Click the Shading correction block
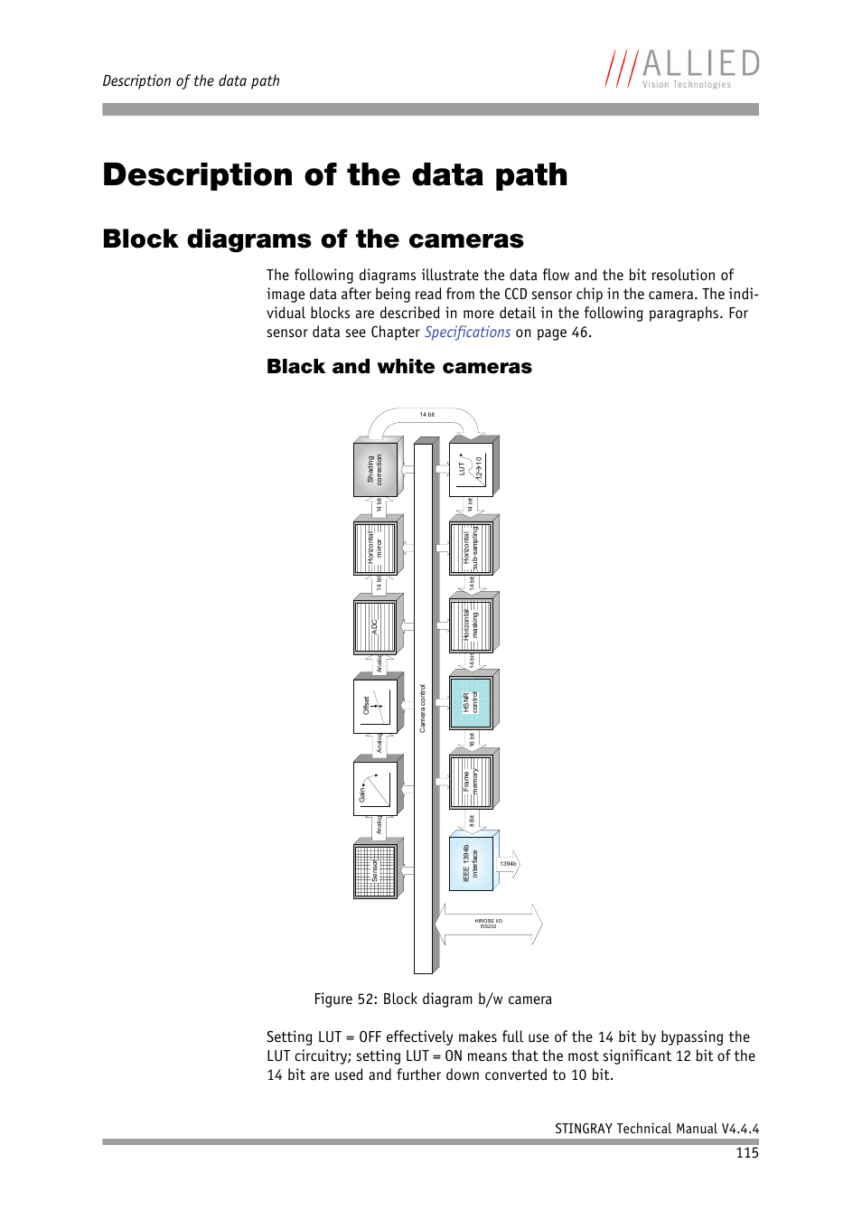tap(375, 470)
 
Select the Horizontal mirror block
tap(375, 549)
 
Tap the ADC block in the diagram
tap(375, 626)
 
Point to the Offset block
tap(375, 705)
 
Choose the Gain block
tap(375, 788)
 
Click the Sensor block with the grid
tap(375, 871)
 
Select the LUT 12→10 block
tap(472, 469)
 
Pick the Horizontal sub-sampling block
tap(471, 549)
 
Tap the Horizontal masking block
tap(471, 625)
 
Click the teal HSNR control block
tap(471, 702)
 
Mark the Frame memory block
tap(471, 782)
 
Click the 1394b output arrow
tap(509, 864)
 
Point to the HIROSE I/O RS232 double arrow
tap(489, 924)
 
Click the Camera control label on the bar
tap(423, 709)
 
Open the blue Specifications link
tap(467, 333)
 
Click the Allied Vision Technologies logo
tap(682, 69)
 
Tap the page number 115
tap(746, 1153)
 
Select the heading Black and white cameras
tap(398, 367)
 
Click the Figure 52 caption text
tap(433, 999)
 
